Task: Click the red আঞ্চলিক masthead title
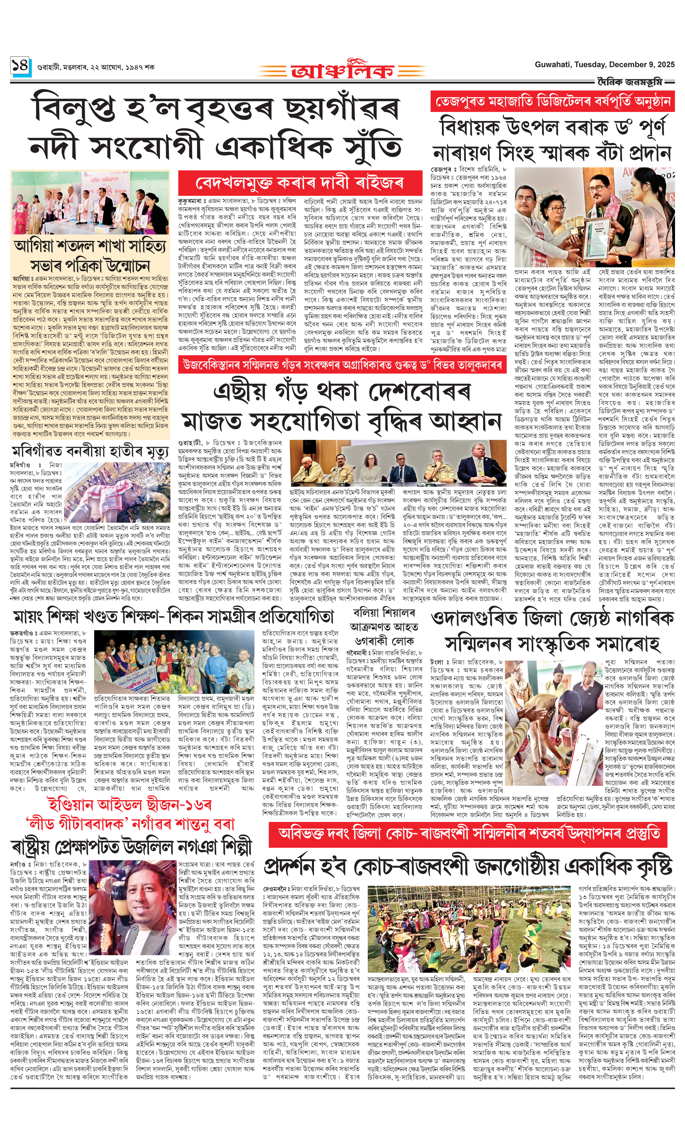(342, 70)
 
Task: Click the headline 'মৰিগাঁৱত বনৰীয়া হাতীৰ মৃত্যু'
(91, 451)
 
